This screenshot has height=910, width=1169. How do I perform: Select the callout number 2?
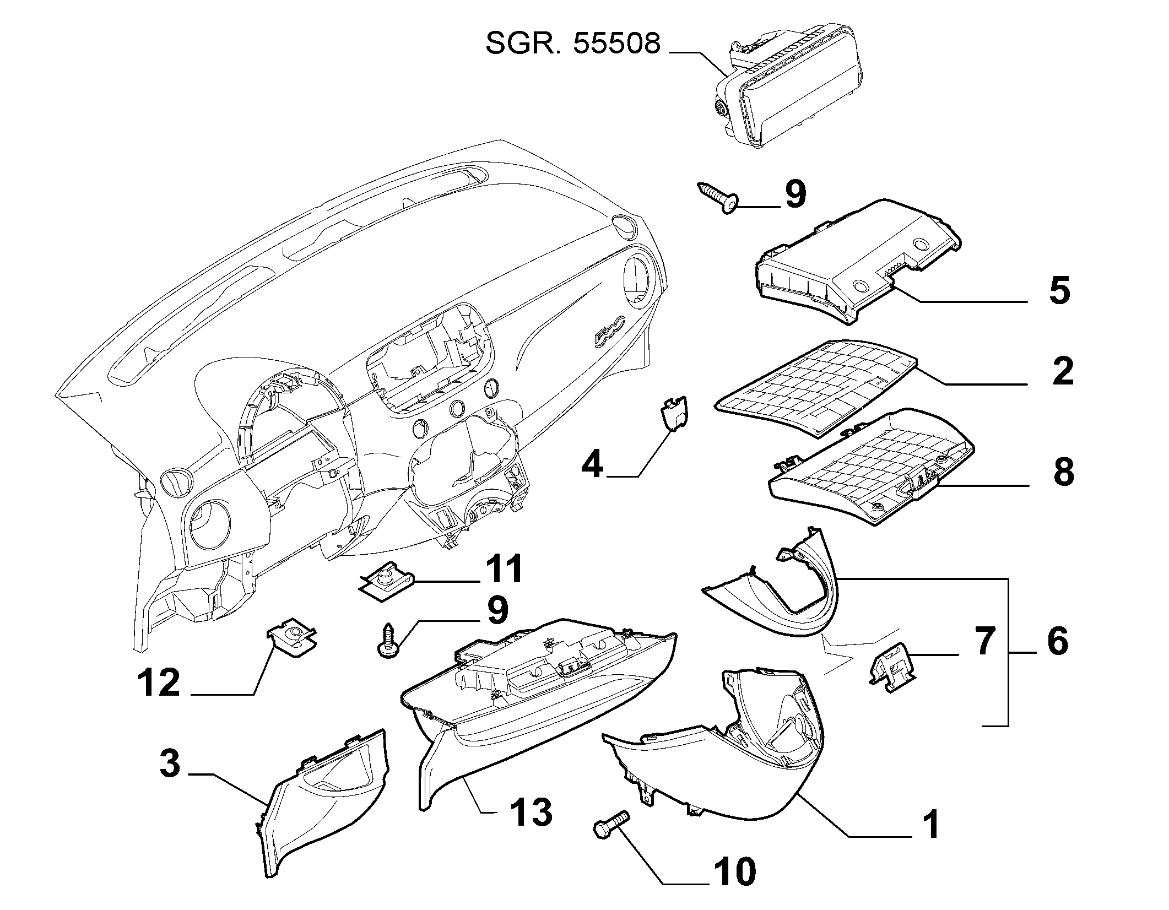pyautogui.click(x=1063, y=371)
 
